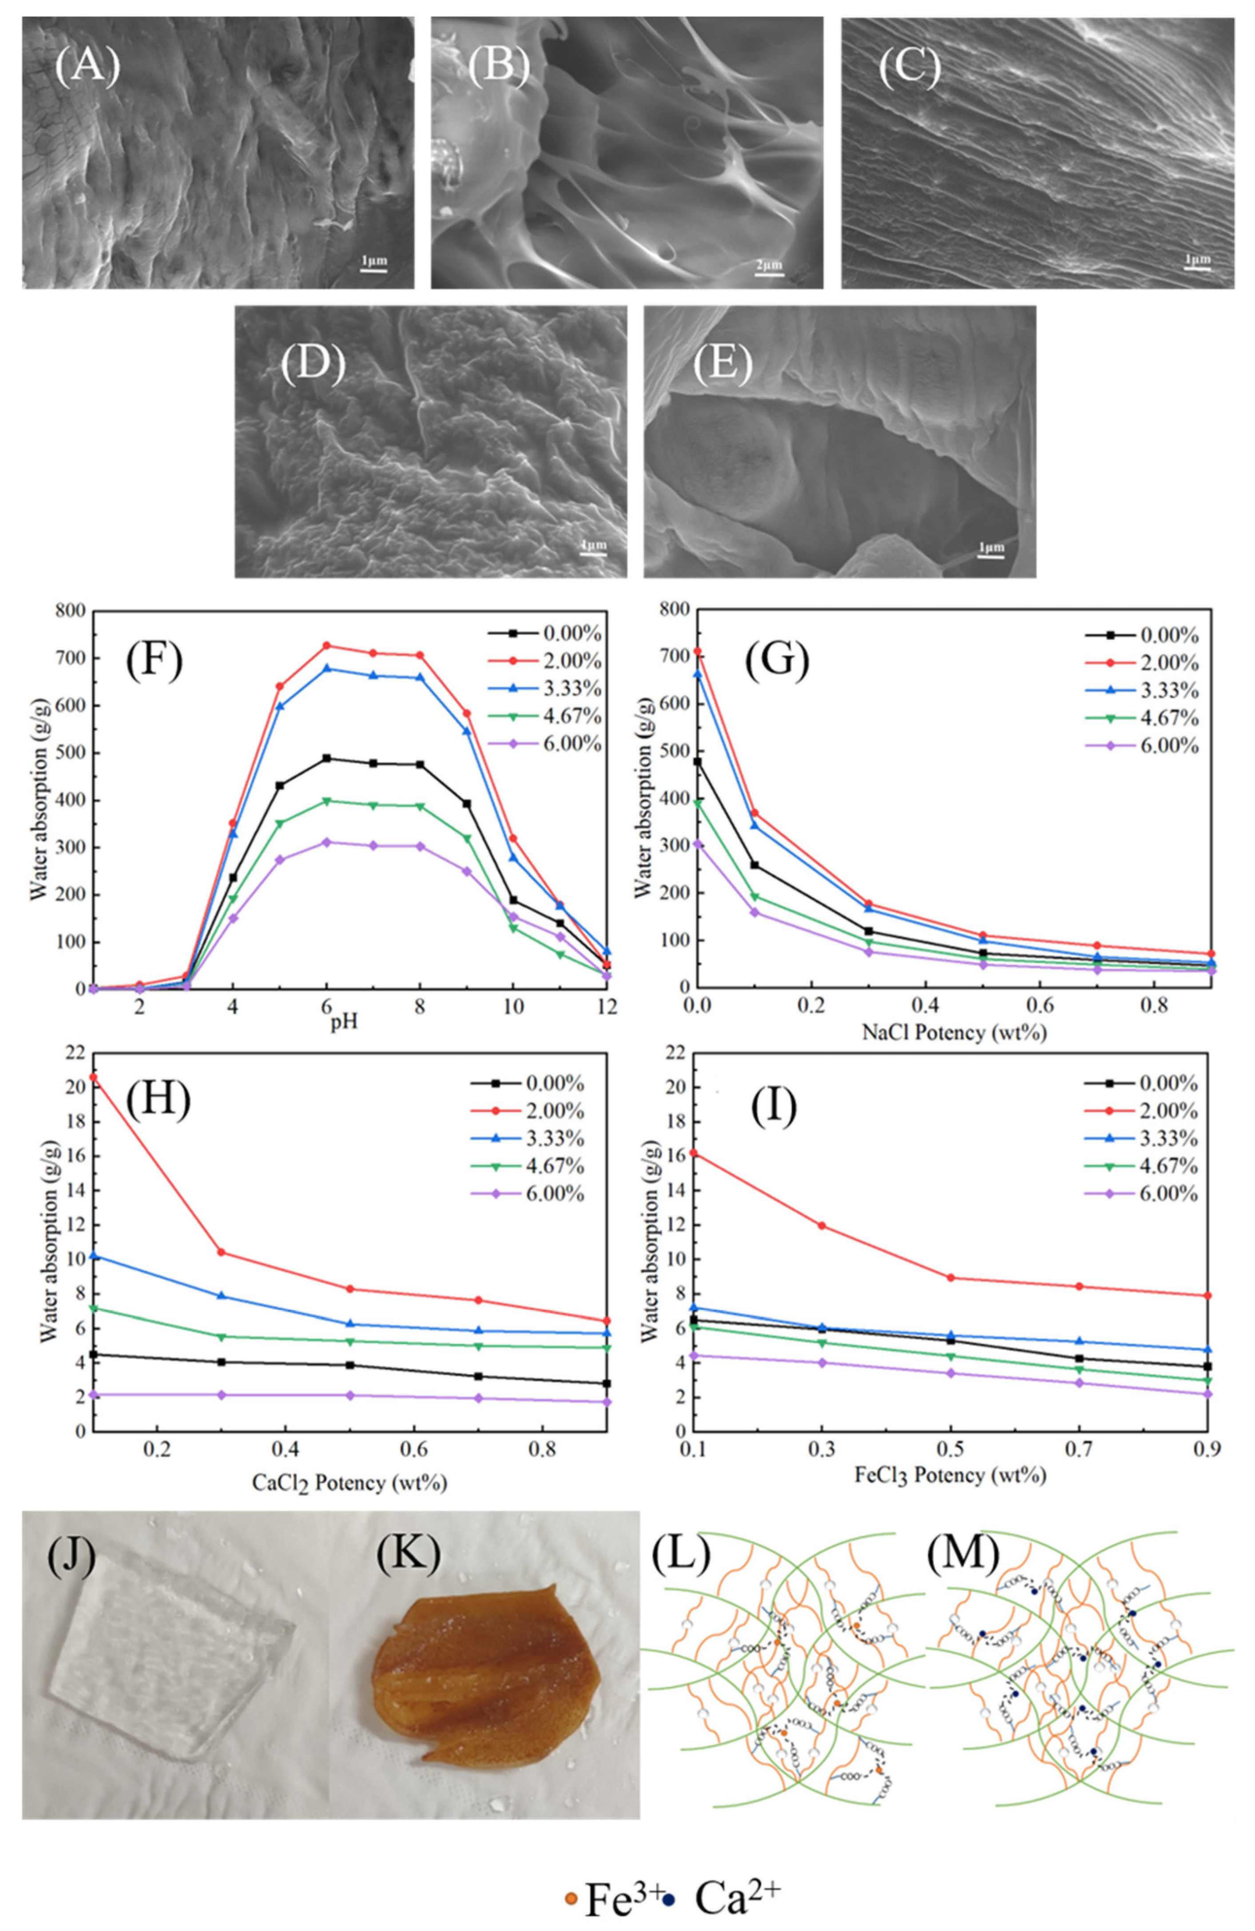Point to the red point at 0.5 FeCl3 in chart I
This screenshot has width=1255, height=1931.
(951, 1277)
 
